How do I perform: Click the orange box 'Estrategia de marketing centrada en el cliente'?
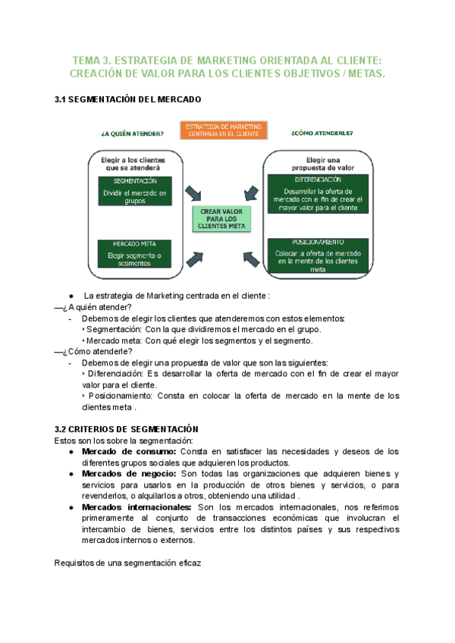pos(224,130)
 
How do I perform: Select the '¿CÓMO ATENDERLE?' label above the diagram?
pos(322,133)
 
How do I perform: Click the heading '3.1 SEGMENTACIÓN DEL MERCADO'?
pos(128,99)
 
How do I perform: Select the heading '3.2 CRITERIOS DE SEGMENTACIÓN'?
pos(127,428)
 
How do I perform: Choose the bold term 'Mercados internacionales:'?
pos(136,507)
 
